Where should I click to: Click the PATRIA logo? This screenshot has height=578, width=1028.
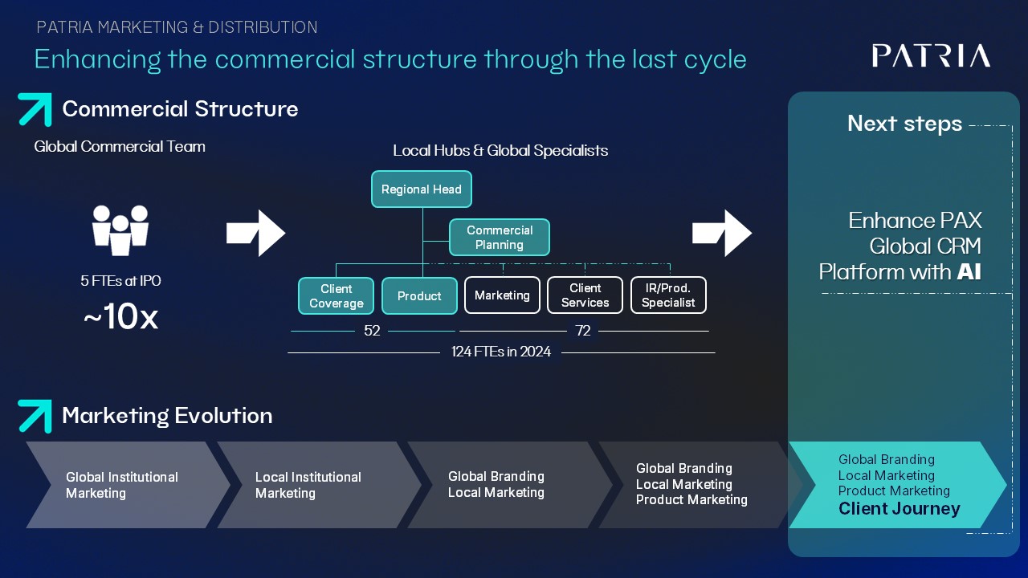point(931,55)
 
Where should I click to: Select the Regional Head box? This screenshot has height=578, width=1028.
point(422,189)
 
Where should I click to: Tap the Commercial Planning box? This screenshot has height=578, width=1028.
point(500,238)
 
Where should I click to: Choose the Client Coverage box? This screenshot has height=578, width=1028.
point(336,295)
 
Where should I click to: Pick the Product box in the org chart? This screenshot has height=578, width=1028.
point(419,295)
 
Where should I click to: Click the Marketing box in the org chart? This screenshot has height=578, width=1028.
point(502,295)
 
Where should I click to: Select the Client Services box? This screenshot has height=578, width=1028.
point(585,295)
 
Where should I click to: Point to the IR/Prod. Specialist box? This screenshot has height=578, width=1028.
point(668,295)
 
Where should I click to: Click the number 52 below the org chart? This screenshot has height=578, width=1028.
point(372,331)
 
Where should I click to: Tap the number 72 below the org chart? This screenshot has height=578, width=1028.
point(583,331)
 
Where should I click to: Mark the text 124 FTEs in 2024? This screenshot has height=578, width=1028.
point(501,352)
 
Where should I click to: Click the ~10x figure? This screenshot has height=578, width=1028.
point(120,318)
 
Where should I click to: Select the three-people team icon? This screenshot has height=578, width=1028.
point(120,230)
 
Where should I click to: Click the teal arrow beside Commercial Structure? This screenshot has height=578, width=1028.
point(35,110)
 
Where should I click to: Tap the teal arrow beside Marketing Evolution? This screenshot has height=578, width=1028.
point(35,416)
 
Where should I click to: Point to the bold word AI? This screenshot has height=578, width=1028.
point(969,272)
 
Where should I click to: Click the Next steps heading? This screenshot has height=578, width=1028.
point(904,124)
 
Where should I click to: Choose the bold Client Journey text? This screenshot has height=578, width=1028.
point(899,509)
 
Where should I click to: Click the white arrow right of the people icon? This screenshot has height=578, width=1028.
point(256,234)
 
